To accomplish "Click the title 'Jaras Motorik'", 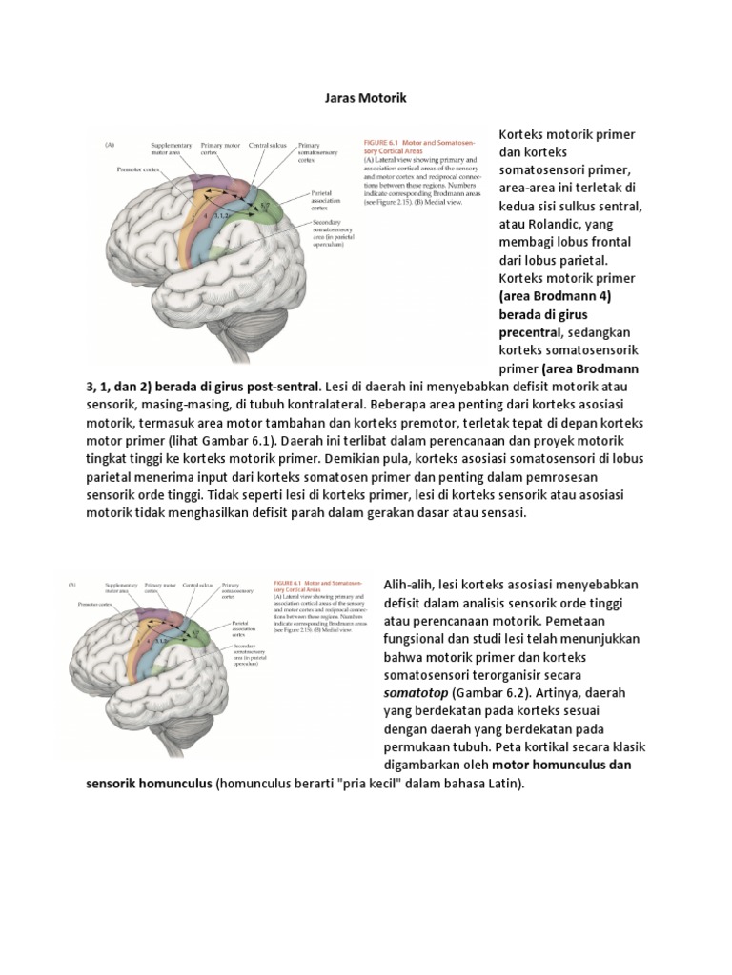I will (x=365, y=97).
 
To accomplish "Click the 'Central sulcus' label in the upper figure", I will (x=267, y=146).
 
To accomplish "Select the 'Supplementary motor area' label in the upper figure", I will (x=171, y=149).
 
